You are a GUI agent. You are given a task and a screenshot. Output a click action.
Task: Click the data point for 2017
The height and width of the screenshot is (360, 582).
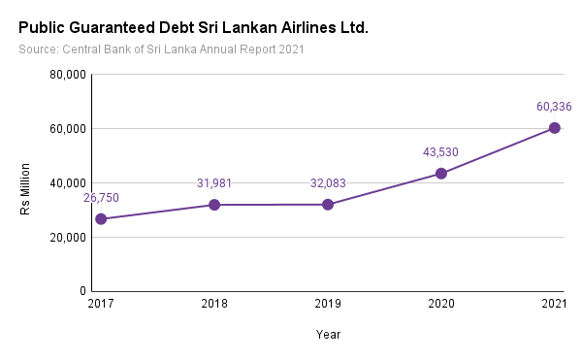pos(101,219)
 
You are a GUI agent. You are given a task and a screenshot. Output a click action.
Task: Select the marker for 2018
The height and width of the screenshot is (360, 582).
pos(214,205)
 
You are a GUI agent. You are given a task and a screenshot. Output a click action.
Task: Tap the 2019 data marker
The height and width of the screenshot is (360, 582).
pos(328,205)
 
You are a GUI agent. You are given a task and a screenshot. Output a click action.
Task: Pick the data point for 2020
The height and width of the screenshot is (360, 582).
pos(441,174)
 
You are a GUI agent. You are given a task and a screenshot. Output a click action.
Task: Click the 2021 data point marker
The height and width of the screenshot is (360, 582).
pos(555,128)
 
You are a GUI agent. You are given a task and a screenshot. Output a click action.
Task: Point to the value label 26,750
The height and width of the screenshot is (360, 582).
pos(101,198)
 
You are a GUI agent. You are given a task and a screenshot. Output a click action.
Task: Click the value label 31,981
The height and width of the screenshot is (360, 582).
pos(214,183)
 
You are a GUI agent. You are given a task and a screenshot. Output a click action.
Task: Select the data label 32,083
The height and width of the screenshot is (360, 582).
pos(328,183)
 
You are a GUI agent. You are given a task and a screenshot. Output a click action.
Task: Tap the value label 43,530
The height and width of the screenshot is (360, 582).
pos(440,152)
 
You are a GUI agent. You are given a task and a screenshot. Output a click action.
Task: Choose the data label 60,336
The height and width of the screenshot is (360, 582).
pos(554,107)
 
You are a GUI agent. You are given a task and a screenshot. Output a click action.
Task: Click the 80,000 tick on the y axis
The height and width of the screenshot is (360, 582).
pos(68,75)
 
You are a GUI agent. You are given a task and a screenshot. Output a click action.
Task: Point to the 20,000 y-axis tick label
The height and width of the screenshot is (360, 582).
pos(68,238)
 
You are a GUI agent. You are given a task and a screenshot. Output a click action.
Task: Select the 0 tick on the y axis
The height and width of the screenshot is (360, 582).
pos(82,291)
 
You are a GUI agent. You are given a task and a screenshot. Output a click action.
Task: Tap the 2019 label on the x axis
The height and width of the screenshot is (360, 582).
pos(328,304)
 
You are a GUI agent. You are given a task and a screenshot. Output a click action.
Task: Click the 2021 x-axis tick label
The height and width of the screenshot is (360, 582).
pos(554,304)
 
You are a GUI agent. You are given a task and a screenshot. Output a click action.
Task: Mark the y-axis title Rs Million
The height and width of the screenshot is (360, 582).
pos(25,189)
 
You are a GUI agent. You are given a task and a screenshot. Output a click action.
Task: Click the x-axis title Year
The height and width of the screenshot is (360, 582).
pos(328,335)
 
